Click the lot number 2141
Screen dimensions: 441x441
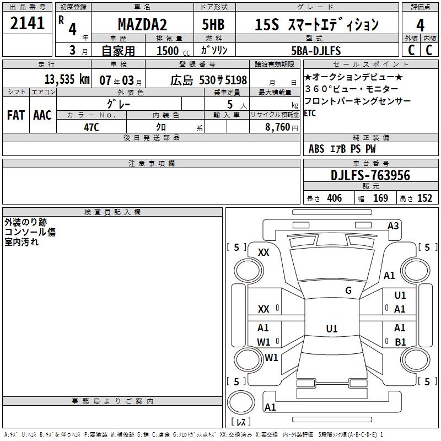(27, 23)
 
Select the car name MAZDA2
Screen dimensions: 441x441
(142, 24)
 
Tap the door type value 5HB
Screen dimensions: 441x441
(213, 24)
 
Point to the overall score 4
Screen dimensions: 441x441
(420, 25)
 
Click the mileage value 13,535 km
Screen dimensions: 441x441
(67, 79)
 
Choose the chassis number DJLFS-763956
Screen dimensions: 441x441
(370, 175)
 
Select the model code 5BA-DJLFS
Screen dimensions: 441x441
(316, 51)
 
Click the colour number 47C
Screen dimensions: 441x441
(92, 127)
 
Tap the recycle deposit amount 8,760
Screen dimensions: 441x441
(278, 127)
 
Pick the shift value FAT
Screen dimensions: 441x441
(16, 115)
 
